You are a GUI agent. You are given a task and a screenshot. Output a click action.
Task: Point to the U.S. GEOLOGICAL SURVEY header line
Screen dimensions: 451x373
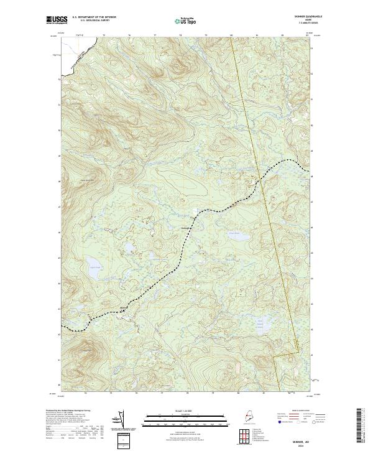pos(94,21)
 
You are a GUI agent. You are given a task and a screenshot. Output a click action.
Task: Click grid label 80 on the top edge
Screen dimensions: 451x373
pos(231,36)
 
